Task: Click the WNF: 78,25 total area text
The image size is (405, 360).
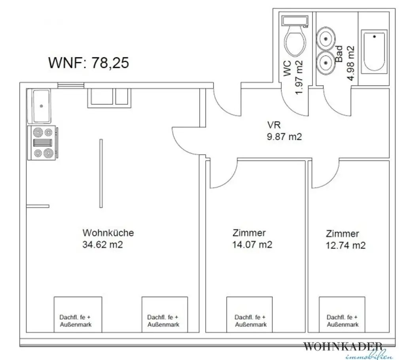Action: point(88,63)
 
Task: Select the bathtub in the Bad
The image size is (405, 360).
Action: point(374,52)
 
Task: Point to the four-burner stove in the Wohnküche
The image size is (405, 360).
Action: point(43,142)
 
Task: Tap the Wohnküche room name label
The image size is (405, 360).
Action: point(108,233)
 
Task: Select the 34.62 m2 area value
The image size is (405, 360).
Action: point(102,244)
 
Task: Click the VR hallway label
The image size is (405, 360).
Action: point(274,125)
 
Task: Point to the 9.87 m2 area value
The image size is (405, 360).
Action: point(284,137)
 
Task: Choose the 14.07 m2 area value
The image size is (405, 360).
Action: point(252,244)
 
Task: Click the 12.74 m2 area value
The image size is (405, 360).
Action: point(345,245)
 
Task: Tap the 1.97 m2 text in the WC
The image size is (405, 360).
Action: point(299,77)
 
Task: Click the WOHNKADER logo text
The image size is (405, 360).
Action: point(343,347)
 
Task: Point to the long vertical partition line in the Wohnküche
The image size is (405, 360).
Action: point(101,173)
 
